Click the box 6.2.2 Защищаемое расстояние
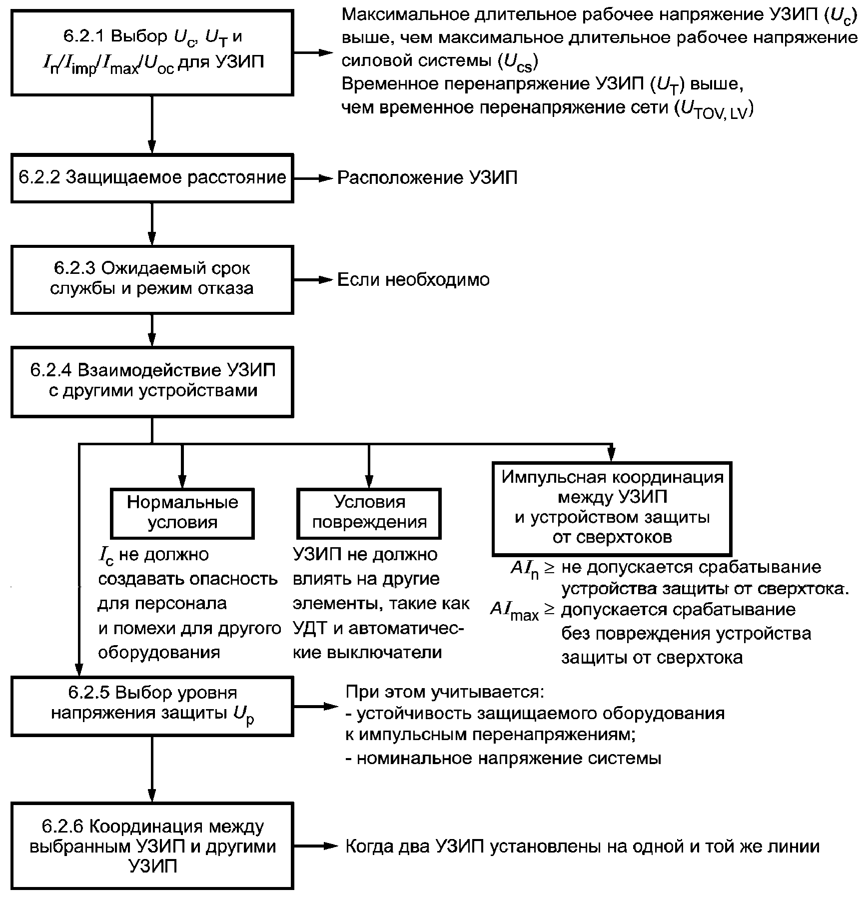(152, 178)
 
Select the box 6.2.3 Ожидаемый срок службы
(152, 279)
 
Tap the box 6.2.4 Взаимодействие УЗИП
(152, 382)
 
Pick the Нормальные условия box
(182, 513)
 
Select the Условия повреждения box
(369, 513)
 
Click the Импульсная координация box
(612, 509)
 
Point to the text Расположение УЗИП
(428, 178)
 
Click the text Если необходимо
(414, 279)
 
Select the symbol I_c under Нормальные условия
(106, 556)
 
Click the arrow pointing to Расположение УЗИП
(313, 178)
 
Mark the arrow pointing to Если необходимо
(313, 279)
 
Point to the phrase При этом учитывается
(444, 693)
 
